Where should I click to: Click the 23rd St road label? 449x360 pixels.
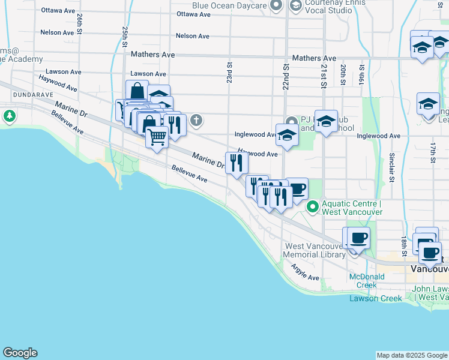(x=229, y=71)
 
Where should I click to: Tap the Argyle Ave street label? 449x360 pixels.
(x=305, y=272)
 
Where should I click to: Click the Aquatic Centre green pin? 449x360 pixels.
(x=312, y=208)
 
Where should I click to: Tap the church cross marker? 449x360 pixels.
(x=196, y=121)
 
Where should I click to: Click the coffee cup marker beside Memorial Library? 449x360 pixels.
(x=359, y=238)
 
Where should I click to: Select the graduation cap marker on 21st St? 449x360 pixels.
(x=326, y=122)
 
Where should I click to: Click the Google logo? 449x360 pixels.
(x=20, y=353)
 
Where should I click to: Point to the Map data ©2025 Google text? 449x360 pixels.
(x=412, y=355)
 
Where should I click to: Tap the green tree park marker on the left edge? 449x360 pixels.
(x=10, y=116)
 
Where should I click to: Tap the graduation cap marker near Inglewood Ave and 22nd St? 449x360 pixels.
(x=287, y=134)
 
